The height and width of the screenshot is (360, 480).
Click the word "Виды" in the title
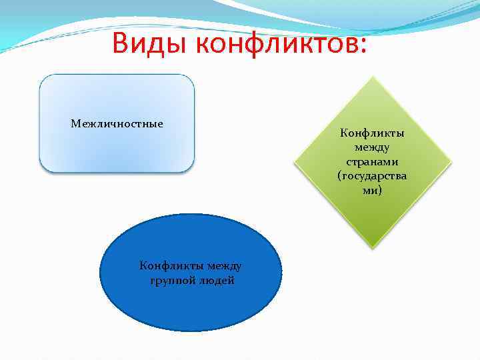click(153, 43)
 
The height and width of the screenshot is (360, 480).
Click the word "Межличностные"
click(117, 124)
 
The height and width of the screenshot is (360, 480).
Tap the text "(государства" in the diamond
click(373, 176)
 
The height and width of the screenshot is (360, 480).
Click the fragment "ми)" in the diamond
click(373, 190)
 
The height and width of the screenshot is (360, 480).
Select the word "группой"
click(173, 280)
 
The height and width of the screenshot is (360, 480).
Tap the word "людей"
click(217, 280)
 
